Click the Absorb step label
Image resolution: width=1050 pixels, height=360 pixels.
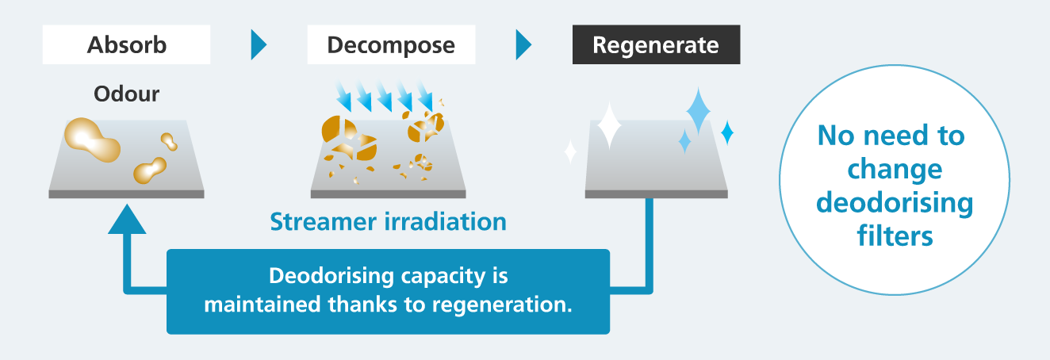(x=127, y=45)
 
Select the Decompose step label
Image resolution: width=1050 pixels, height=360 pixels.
(x=391, y=45)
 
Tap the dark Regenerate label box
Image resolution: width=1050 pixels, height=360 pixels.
(x=656, y=45)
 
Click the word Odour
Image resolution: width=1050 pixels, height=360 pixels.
(x=127, y=94)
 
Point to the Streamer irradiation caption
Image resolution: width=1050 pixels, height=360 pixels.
(x=388, y=221)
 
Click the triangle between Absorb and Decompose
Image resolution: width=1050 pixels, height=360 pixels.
(x=259, y=45)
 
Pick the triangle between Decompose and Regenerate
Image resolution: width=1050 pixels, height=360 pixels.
(x=523, y=45)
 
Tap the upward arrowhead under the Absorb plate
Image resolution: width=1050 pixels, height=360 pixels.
(x=127, y=220)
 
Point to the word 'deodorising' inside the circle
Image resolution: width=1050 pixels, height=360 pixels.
(x=895, y=203)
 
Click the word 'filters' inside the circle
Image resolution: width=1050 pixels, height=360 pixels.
(x=895, y=236)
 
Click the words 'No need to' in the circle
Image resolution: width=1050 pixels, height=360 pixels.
(x=891, y=136)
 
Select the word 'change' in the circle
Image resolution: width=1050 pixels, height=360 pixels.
(x=895, y=169)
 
